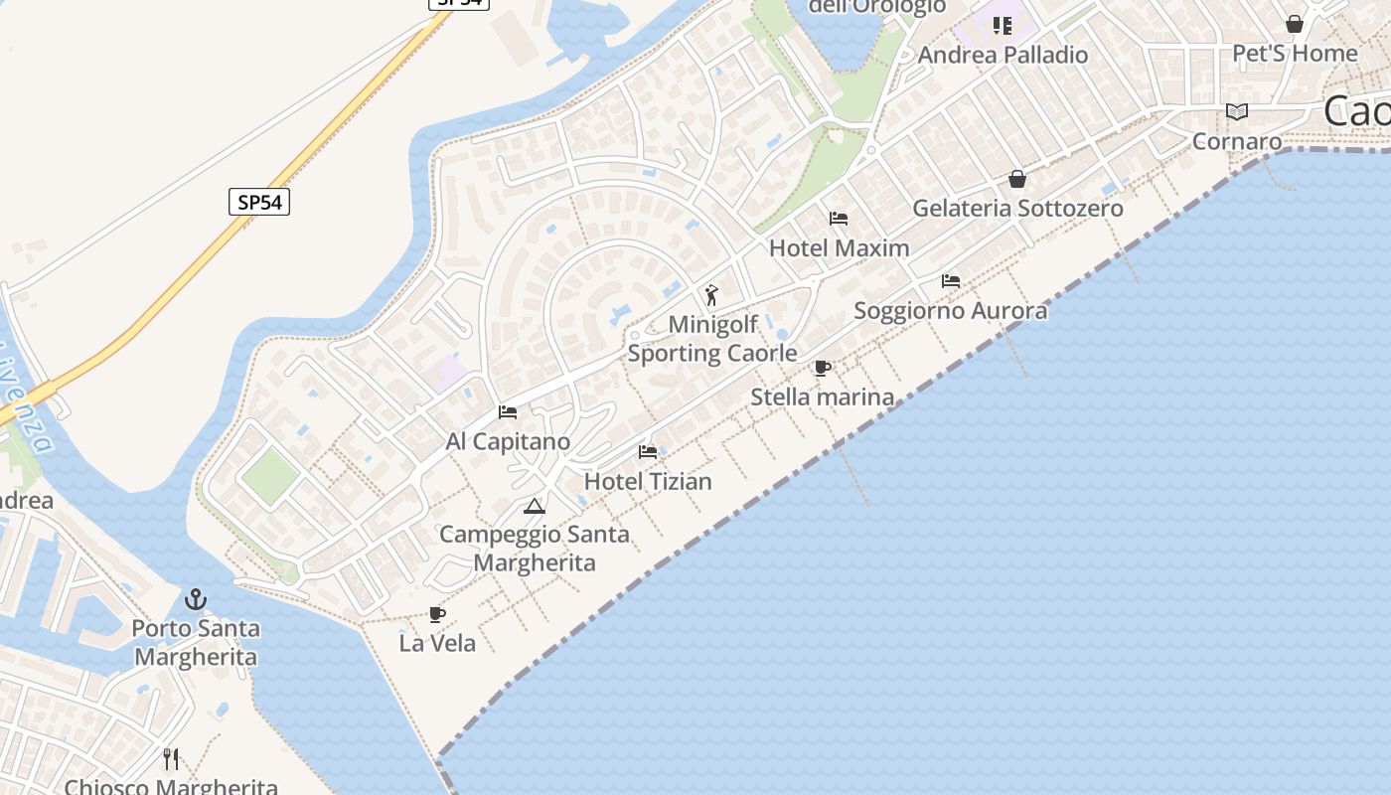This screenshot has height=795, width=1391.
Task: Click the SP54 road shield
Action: (259, 202)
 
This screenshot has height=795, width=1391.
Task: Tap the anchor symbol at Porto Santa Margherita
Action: (196, 599)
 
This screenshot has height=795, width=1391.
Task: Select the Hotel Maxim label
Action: (840, 247)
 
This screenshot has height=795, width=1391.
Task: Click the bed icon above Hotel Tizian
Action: (648, 452)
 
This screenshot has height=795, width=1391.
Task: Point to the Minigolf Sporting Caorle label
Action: (712, 339)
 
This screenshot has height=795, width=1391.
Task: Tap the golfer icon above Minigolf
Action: (711, 295)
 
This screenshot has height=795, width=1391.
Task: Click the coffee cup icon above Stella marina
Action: (823, 369)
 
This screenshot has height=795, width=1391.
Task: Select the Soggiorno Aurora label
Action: (951, 310)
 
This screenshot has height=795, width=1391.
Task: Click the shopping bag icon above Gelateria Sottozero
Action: (1017, 179)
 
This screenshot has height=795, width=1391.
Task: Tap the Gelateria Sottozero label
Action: (1017, 208)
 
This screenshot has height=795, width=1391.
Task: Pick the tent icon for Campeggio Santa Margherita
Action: (535, 506)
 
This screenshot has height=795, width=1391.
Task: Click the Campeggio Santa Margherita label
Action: (535, 548)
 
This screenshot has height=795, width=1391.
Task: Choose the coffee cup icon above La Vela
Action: (436, 614)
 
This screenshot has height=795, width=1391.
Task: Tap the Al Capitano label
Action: (508, 441)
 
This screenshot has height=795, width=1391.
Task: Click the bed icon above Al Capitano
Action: (508, 411)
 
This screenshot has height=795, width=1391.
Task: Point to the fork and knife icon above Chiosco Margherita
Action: (171, 759)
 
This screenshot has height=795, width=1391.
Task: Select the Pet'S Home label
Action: (1295, 53)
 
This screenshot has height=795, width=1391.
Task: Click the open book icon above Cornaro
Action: (1237, 111)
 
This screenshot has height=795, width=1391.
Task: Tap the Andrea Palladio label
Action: (1003, 55)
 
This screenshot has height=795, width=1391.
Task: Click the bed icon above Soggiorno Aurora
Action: (951, 281)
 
